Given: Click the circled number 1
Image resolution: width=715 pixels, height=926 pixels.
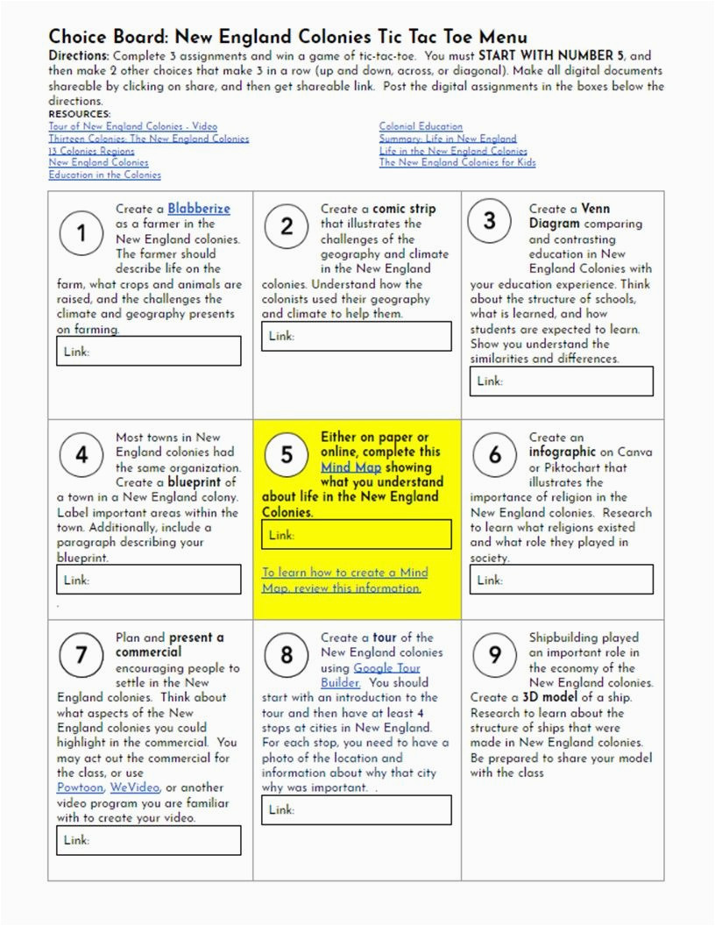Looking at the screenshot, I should click(81, 233).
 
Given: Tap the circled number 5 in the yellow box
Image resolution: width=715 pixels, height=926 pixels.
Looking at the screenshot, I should click(287, 454).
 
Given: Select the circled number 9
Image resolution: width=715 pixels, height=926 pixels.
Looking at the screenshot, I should click(495, 654).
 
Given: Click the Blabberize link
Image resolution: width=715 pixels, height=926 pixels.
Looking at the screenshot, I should click(199, 209).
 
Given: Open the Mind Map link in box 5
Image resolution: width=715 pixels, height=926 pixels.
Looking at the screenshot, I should click(350, 467).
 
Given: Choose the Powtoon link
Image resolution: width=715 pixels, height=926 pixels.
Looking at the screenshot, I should click(81, 787).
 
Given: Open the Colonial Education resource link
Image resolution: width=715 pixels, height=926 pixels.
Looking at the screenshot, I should click(421, 126).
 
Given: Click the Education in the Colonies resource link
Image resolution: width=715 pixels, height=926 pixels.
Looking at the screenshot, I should click(104, 175).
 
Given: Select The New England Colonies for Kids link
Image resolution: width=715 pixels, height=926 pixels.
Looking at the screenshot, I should click(457, 162).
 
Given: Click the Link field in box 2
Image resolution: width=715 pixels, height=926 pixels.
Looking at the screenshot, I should click(357, 336).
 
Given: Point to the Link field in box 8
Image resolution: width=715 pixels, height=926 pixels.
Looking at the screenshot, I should click(357, 809).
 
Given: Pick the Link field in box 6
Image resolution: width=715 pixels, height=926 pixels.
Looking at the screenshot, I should click(562, 580).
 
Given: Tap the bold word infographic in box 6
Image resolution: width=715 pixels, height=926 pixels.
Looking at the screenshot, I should click(562, 452).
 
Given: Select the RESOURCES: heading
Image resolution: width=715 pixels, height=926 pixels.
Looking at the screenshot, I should click(80, 114).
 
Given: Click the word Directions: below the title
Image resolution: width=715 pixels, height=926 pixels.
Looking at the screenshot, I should click(80, 55).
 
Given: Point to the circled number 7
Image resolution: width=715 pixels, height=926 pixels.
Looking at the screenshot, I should click(81, 654).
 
